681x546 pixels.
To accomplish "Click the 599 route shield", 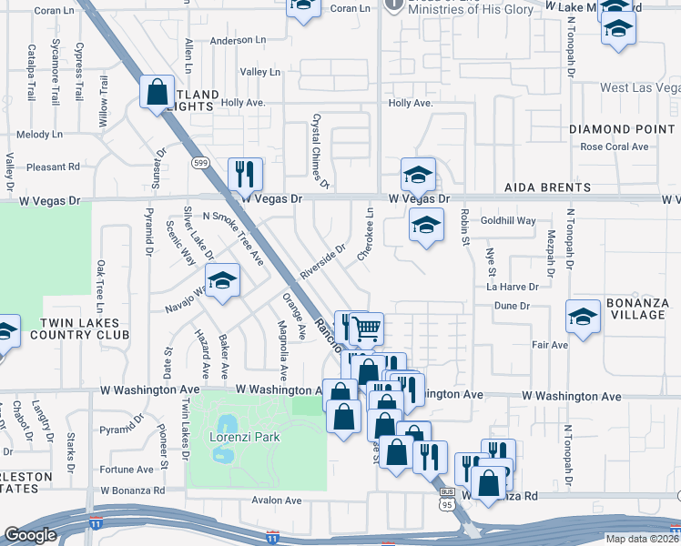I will pyautogui.click(x=200, y=162).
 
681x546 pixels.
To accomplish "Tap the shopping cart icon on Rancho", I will pyautogui.click(x=366, y=328).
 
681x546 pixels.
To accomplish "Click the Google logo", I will pyautogui.click(x=31, y=536).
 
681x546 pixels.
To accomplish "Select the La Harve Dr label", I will pyautogui.click(x=513, y=286).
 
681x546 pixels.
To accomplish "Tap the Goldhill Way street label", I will pyautogui.click(x=508, y=220).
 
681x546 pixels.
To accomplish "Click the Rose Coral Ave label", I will pyautogui.click(x=614, y=147).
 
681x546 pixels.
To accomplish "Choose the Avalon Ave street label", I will pyautogui.click(x=277, y=500).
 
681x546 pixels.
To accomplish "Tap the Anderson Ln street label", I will pyautogui.click(x=237, y=40).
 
